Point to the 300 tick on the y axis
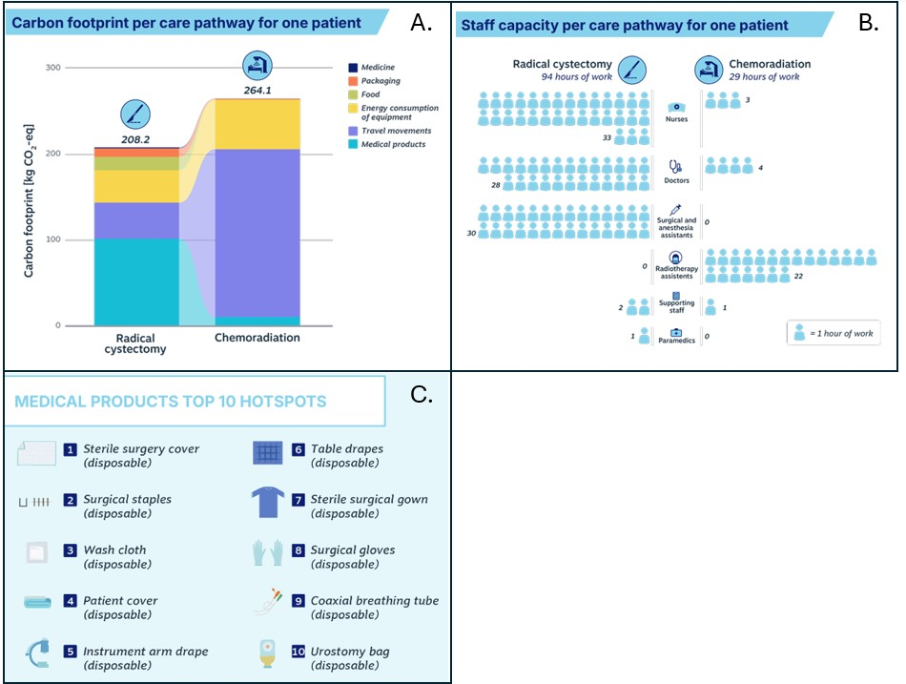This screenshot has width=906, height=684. coord(52,68)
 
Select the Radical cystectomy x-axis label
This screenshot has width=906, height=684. coord(136,343)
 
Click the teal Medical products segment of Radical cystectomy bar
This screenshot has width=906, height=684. coord(136,281)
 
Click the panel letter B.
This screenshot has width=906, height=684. coord(868,24)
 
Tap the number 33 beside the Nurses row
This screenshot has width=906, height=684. coord(607,138)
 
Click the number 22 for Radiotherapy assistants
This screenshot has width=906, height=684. coord(798,276)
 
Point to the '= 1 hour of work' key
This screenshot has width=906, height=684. coord(833,333)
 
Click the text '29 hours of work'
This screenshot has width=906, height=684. coord(764,76)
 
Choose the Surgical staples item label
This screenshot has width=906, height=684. coord(127,506)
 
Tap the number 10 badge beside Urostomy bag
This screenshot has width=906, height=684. coord(299,652)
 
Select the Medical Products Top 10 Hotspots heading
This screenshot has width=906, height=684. coord(171,402)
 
